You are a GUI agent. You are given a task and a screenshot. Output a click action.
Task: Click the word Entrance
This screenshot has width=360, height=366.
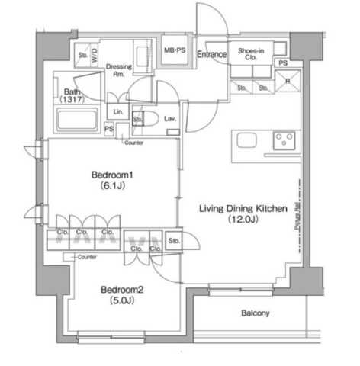[211, 54]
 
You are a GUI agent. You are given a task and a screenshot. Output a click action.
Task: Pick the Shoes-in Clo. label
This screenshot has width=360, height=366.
[251, 54]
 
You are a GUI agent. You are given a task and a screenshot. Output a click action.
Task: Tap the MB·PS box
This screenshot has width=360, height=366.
[175, 50]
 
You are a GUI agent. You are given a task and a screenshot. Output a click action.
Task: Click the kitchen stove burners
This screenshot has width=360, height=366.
[284, 140]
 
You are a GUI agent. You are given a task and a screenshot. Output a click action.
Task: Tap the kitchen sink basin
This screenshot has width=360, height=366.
[249, 140]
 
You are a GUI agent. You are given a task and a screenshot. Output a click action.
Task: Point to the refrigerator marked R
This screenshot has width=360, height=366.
[288, 81]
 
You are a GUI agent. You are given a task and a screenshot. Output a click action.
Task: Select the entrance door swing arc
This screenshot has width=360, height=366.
[210, 19]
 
